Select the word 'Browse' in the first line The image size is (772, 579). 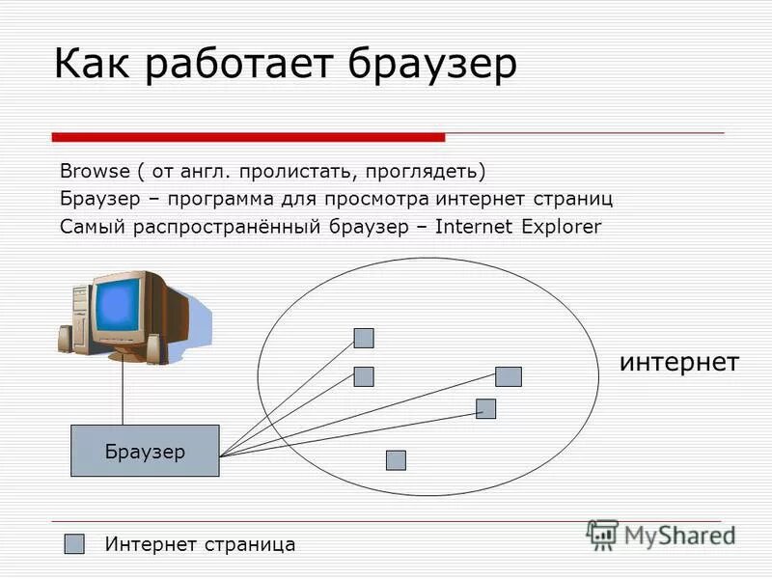coord(95,172)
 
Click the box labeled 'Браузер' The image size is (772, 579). coord(145,451)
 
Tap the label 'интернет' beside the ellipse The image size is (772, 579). coord(678,363)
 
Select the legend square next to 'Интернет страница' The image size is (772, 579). coord(74,544)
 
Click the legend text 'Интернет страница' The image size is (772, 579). coord(200,544)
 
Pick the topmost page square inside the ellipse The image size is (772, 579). coord(364,338)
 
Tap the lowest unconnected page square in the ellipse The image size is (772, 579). coord(396,460)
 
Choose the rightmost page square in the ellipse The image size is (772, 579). coord(509,376)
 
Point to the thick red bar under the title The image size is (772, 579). coord(248,137)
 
